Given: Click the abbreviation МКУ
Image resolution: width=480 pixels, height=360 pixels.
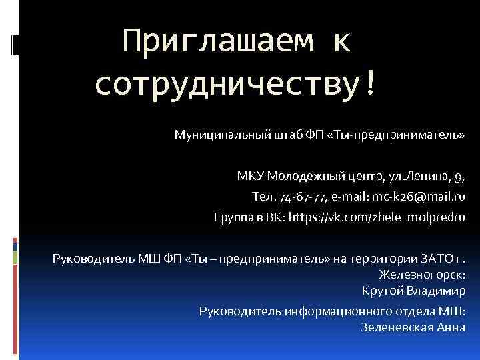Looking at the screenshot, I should pos(251,177).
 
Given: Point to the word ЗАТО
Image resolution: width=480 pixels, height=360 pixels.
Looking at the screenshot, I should pos(437,259).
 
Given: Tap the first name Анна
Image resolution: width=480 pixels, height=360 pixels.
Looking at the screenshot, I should pos(451,327).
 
